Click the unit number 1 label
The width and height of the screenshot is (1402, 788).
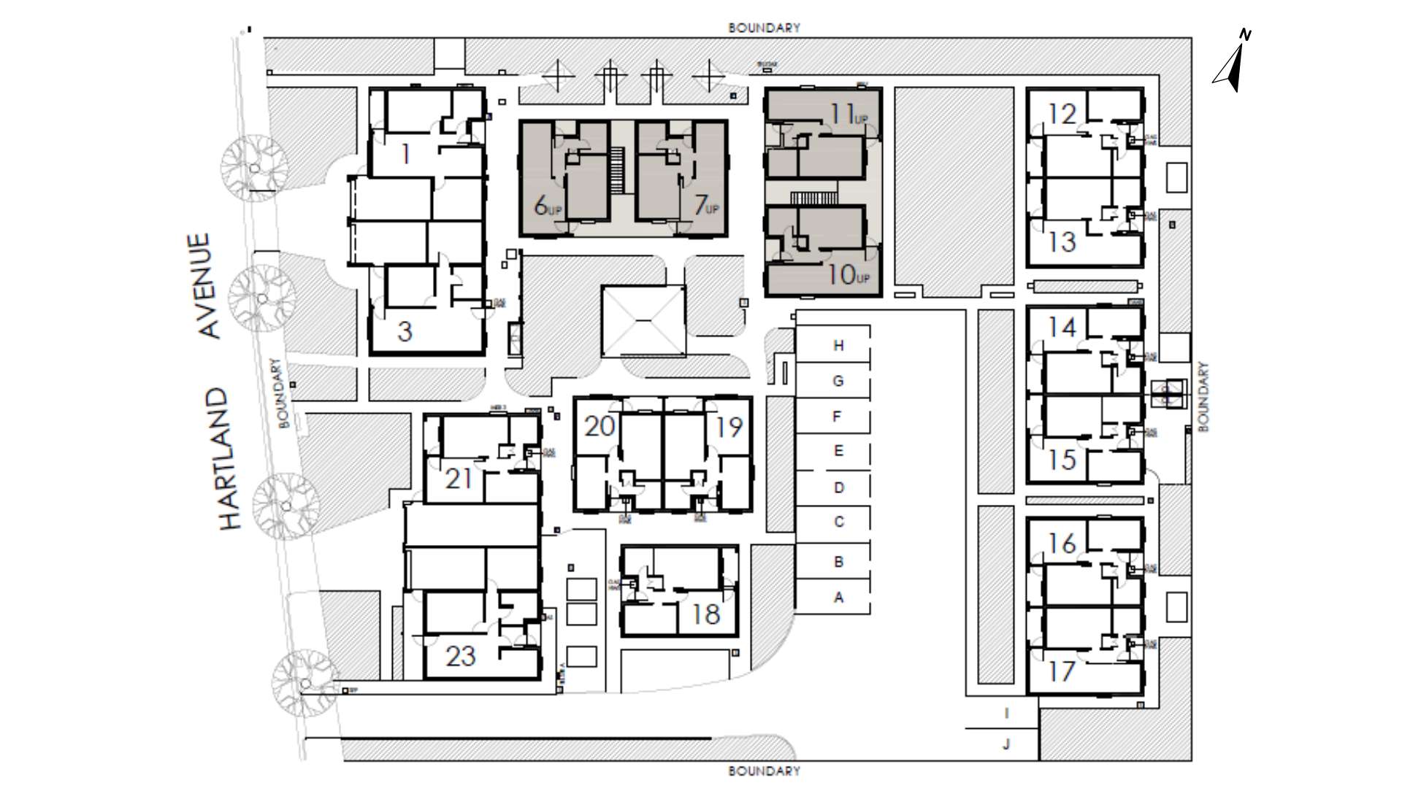pos(406,155)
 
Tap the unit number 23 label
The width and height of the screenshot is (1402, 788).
pos(461,656)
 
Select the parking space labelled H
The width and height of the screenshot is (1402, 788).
pos(838,345)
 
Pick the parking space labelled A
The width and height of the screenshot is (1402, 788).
pos(838,598)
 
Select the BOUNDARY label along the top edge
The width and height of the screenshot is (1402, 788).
pos(764,28)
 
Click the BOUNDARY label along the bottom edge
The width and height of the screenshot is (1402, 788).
pos(764,771)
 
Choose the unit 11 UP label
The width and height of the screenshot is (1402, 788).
pos(848,115)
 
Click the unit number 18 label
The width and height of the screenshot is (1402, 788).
pos(705,614)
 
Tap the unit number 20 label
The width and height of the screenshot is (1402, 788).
pos(600,426)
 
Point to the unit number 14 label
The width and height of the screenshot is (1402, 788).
pos(1062,327)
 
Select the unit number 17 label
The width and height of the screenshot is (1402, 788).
pos(1062,670)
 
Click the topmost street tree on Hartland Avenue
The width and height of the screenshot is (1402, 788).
pos(254,167)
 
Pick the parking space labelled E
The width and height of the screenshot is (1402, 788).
pos(838,451)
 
